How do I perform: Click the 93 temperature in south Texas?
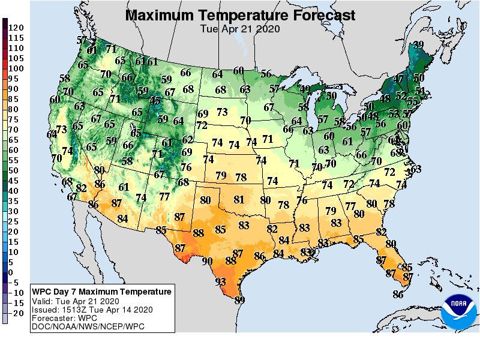pyautogui.click(x=221, y=281)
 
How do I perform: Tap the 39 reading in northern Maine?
pyautogui.click(x=419, y=44)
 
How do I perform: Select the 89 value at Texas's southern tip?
pyautogui.click(x=239, y=300)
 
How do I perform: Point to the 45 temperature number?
pyautogui.click(x=155, y=101)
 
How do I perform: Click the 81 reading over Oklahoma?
pyautogui.click(x=239, y=199)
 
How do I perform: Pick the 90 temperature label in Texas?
pyautogui.click(x=207, y=261)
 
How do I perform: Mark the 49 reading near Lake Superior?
pyautogui.click(x=305, y=89)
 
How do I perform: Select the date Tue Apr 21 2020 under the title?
pyautogui.click(x=240, y=28)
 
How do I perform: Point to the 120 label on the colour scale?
pyautogui.click(x=16, y=28)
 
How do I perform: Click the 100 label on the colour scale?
pyautogui.click(x=16, y=68)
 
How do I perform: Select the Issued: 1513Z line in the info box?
pyautogui.click(x=92, y=310)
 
